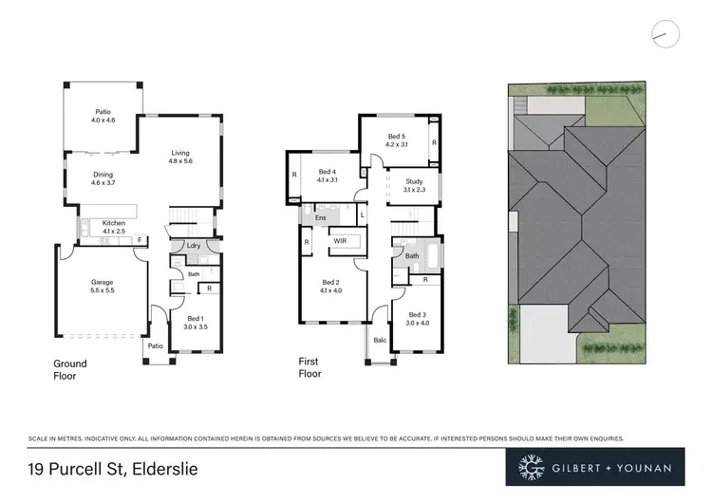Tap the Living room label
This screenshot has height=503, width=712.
(x=180, y=157)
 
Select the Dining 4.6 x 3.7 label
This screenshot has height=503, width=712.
(x=103, y=178)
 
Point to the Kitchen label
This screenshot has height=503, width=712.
(x=114, y=226)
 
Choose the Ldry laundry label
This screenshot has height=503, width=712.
(x=193, y=246)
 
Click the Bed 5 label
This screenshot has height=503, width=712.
(x=396, y=140)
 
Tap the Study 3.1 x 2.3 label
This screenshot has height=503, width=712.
(x=414, y=185)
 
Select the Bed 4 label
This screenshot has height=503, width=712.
(x=328, y=175)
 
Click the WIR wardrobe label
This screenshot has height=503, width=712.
(x=338, y=242)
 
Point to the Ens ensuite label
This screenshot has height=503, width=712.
(x=320, y=217)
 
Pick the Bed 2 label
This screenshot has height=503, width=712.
(x=330, y=287)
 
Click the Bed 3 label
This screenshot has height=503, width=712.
(x=419, y=318)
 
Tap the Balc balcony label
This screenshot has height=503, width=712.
(x=379, y=339)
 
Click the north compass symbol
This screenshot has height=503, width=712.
(x=667, y=33)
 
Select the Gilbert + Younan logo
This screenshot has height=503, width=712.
(x=595, y=467)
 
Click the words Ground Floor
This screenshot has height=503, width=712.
(x=69, y=369)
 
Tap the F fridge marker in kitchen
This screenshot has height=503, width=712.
(x=140, y=240)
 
